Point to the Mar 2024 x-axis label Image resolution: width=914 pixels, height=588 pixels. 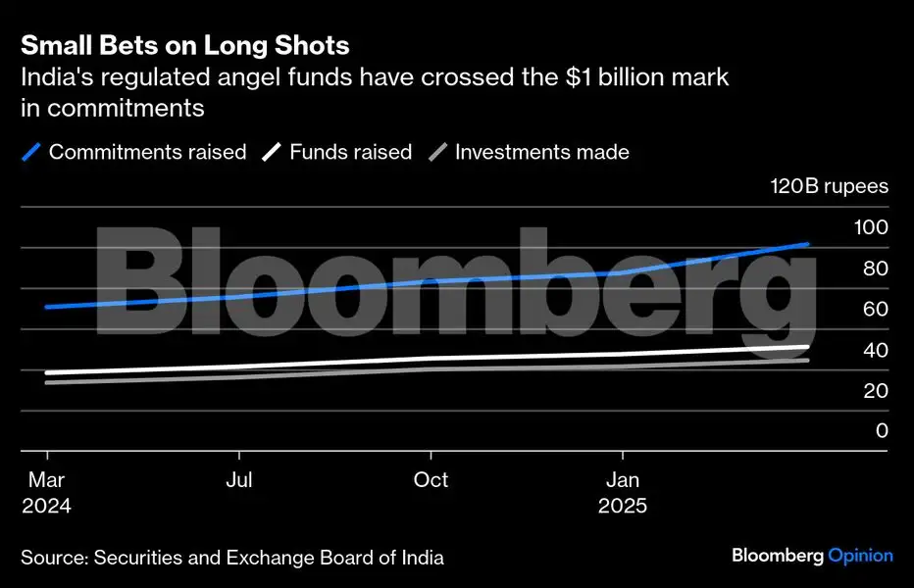tap(46, 493)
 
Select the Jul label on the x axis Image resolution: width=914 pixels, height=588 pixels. tap(238, 480)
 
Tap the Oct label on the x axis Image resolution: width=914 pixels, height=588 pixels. tap(431, 480)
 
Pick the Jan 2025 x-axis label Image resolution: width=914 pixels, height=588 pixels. tap(623, 493)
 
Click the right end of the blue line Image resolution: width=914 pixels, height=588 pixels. tap(807, 244)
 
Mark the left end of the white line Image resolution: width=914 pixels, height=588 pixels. tap(47, 372)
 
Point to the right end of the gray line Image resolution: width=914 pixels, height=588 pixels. tap(807, 361)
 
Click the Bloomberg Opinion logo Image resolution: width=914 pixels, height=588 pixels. tap(812, 556)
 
